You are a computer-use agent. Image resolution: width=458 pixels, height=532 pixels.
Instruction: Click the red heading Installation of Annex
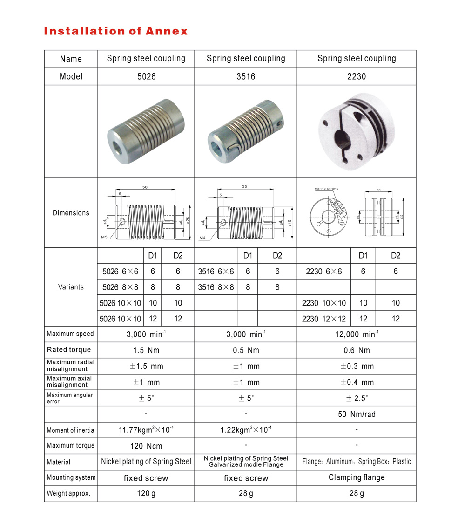pos(115,31)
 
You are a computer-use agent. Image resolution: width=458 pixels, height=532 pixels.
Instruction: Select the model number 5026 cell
pos(146,76)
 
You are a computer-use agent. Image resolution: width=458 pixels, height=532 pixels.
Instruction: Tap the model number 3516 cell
pos(246,76)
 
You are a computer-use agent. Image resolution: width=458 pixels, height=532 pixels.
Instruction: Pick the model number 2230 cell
pos(357,76)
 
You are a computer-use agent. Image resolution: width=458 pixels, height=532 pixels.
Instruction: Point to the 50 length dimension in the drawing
pos(145,187)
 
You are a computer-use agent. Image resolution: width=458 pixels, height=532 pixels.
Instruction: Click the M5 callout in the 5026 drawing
pos(105,237)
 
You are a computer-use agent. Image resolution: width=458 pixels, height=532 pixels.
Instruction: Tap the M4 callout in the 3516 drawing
pos(202,238)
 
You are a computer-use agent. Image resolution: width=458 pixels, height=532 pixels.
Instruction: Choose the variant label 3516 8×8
pos(216,287)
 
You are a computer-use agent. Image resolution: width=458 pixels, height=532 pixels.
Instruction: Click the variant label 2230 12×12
pos(324,319)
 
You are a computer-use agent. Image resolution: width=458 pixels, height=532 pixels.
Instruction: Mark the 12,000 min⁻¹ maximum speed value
pos(357,334)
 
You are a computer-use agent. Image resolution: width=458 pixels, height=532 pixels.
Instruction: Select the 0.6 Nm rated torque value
pos(357,350)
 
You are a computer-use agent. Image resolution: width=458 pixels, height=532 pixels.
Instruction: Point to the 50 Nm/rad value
pos(357,414)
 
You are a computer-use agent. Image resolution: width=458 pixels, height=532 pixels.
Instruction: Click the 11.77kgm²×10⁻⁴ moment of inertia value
pos(146,430)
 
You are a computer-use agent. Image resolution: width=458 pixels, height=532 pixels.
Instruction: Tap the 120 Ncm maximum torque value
pos(146,446)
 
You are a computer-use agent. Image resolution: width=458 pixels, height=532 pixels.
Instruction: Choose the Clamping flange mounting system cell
pos(357,477)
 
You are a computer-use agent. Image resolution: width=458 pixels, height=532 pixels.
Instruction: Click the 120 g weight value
pos(146,494)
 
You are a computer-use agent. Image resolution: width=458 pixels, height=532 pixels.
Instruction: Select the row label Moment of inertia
pos(71,430)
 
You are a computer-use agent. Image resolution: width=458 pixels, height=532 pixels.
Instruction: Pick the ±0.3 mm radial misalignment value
pos(357,366)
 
